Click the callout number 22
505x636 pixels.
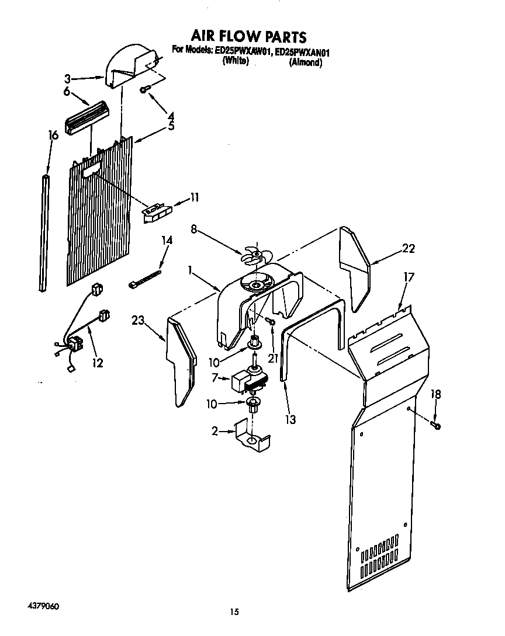[409, 249]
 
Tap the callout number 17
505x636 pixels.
[409, 277]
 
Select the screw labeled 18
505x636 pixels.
[436, 425]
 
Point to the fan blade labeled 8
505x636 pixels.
[255, 256]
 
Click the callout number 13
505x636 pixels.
[290, 419]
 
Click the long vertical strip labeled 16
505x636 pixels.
[45, 231]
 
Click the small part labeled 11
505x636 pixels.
[157, 210]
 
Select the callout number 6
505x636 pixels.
[67, 91]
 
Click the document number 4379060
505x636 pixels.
[43, 591]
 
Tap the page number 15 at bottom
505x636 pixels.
[234, 612]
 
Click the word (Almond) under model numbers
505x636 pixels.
[305, 62]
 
